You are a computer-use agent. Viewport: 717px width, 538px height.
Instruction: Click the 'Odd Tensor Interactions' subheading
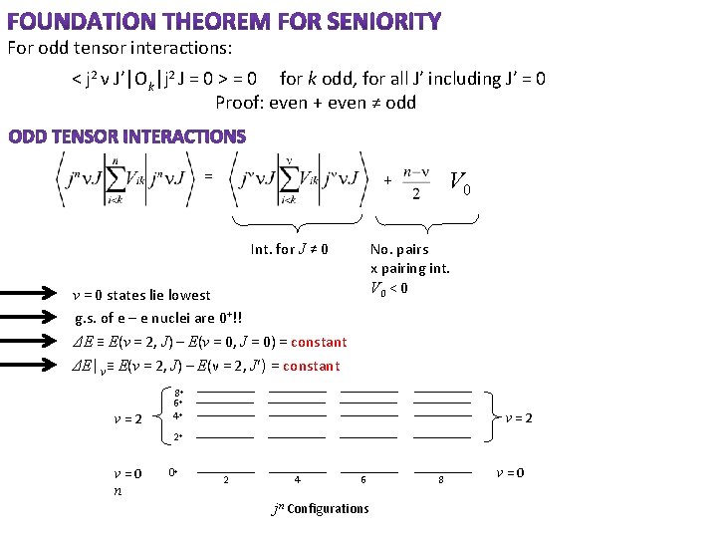(x=127, y=136)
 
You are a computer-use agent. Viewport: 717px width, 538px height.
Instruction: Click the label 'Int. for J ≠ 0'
(x=290, y=249)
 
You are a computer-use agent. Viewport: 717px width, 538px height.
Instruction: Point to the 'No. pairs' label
(x=399, y=249)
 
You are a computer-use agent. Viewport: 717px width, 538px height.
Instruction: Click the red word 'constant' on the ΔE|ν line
(x=311, y=366)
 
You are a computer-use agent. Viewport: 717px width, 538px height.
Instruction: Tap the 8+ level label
(x=177, y=394)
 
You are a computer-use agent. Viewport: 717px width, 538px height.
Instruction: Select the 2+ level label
(x=177, y=436)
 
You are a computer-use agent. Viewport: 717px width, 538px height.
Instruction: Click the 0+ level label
(x=173, y=472)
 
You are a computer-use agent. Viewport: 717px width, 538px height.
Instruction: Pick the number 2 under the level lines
(x=226, y=480)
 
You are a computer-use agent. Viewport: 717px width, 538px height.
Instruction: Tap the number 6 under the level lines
(x=363, y=480)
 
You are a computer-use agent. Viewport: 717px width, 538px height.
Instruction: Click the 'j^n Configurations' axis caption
(x=320, y=508)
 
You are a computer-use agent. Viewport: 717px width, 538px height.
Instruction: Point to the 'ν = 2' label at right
(x=518, y=417)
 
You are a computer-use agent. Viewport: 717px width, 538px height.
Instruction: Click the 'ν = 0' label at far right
(x=510, y=472)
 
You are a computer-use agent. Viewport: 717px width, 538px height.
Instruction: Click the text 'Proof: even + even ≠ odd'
(x=316, y=102)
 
